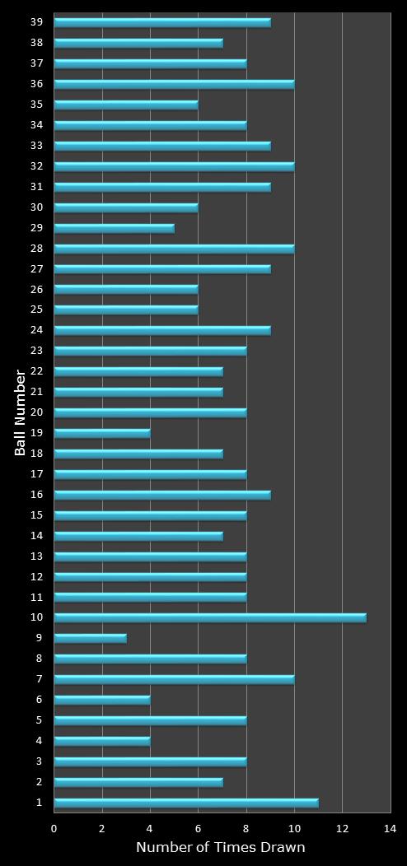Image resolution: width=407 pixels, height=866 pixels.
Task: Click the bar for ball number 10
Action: coord(210,617)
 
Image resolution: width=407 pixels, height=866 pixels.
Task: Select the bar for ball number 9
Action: coord(91,638)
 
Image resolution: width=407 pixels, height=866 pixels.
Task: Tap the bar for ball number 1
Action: coord(186,802)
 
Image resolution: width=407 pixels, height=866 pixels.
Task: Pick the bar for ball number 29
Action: coord(115,228)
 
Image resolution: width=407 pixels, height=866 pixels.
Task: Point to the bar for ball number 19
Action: coord(102,433)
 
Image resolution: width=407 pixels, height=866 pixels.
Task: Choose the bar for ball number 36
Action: coord(174,84)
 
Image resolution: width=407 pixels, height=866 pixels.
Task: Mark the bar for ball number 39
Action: coord(162,22)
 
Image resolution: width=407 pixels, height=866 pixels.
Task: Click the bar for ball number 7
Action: coord(174,679)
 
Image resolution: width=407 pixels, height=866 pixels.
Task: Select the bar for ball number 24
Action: coord(162,330)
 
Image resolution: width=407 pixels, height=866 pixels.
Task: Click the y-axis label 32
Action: coord(37,165)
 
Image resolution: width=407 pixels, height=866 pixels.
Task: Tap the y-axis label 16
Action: coord(37,494)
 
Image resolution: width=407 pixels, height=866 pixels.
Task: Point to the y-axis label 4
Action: coord(40,740)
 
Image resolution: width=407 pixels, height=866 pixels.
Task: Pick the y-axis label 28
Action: coord(37,248)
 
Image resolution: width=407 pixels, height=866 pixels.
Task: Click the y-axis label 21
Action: coord(37,391)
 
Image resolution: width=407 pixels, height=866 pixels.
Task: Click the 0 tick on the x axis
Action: coord(54,829)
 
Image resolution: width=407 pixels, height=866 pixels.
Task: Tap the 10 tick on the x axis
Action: coord(294,829)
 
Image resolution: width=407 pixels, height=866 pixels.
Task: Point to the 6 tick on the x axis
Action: coord(198,829)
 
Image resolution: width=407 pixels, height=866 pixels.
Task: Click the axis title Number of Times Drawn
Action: coord(221,848)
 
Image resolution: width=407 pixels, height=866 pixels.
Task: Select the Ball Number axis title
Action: coord(21,412)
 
